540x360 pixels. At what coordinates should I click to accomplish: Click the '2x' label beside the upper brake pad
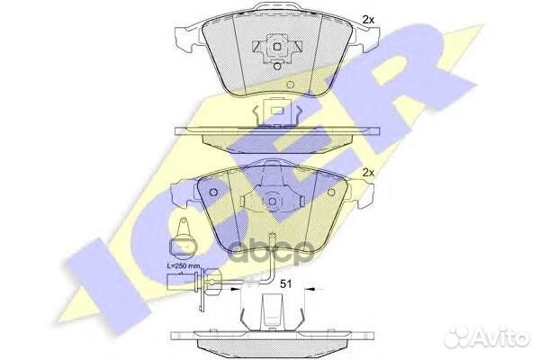coord(367,19)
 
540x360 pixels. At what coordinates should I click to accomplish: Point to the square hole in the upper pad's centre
coord(278,48)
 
